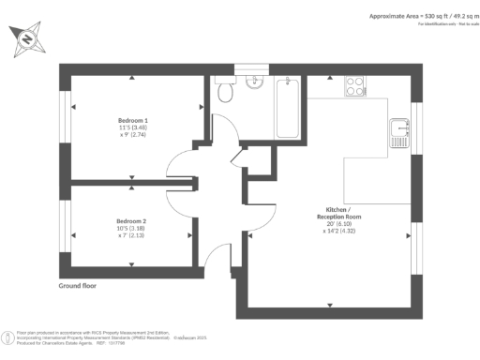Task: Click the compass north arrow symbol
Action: point(28,39)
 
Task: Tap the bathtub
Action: point(287,108)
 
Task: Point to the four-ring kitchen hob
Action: point(355,85)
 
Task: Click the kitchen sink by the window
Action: point(399,127)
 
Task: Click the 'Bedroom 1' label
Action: point(133,120)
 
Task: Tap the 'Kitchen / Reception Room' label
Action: point(332,212)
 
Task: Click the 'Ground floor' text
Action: point(79,284)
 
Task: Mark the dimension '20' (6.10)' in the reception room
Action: point(332,224)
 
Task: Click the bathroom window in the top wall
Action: point(247,66)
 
